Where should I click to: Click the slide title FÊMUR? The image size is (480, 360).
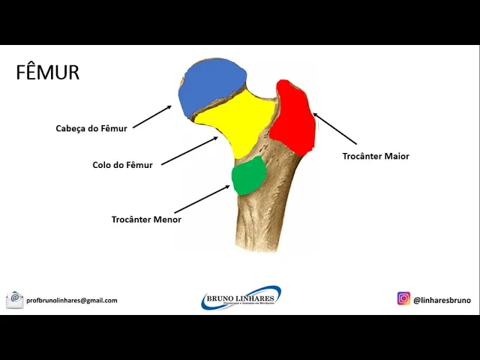click(x=47, y=73)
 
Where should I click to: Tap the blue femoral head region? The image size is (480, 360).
click(x=211, y=88)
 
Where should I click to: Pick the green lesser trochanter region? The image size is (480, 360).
click(x=248, y=175)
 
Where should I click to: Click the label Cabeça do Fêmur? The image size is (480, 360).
click(x=91, y=128)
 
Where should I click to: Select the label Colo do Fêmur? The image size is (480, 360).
click(x=122, y=165)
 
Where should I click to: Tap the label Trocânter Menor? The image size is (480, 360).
click(x=146, y=220)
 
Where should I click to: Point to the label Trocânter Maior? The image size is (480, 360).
click(x=376, y=156)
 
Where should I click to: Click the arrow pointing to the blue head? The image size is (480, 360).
click(x=152, y=116)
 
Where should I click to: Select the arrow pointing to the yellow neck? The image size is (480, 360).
click(x=189, y=151)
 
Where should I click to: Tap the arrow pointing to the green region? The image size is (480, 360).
click(x=201, y=199)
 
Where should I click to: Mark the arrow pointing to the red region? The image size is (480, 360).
click(x=334, y=128)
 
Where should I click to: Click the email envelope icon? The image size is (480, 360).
click(x=15, y=300)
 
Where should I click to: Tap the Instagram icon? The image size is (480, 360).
click(x=403, y=298)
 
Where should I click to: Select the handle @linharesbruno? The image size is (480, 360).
click(x=442, y=300)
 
